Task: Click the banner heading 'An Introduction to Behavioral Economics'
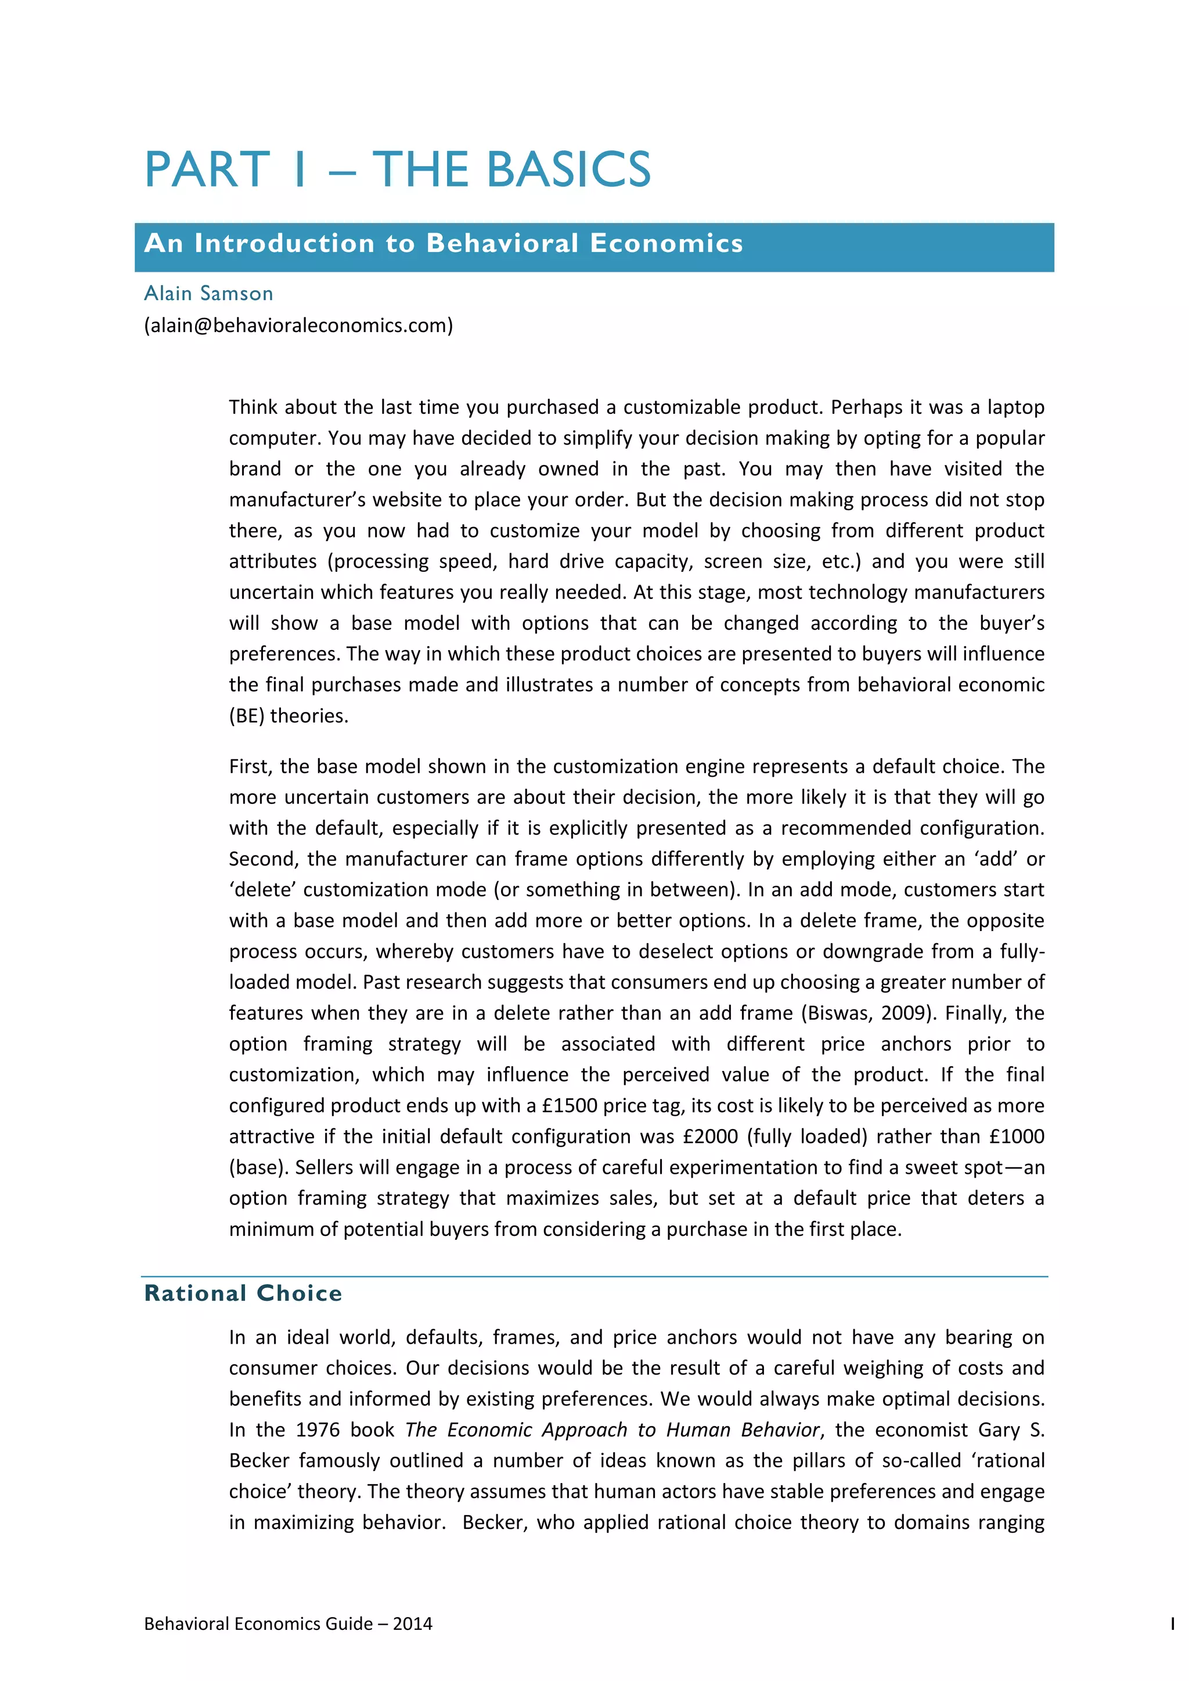444,244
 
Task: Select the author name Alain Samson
208,294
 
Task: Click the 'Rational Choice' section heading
243,1293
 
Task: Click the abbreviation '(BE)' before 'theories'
247,715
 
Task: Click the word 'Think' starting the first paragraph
253,407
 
